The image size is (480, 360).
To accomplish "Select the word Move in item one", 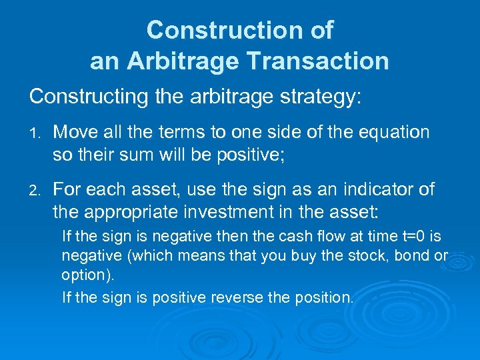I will (76, 132).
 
